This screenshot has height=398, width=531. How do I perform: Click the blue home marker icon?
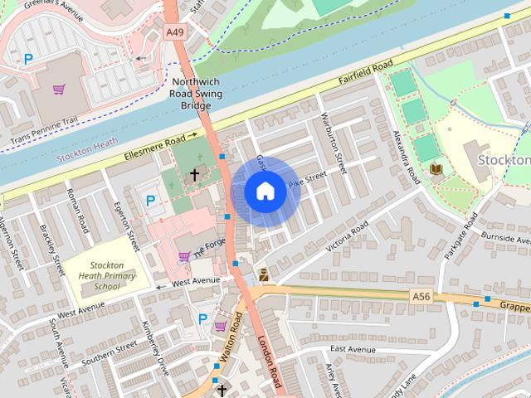pos(265,192)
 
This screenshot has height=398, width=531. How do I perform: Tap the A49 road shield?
pos(174,32)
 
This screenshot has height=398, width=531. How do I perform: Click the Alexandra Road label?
pos(405,158)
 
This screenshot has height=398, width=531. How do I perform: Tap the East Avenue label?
pos(353,350)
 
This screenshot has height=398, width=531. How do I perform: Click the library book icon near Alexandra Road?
pos(436,169)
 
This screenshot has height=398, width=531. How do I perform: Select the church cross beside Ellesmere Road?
pos(195,175)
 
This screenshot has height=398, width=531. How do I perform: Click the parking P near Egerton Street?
pos(150,200)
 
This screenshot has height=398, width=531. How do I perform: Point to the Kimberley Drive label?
pos(154,346)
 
